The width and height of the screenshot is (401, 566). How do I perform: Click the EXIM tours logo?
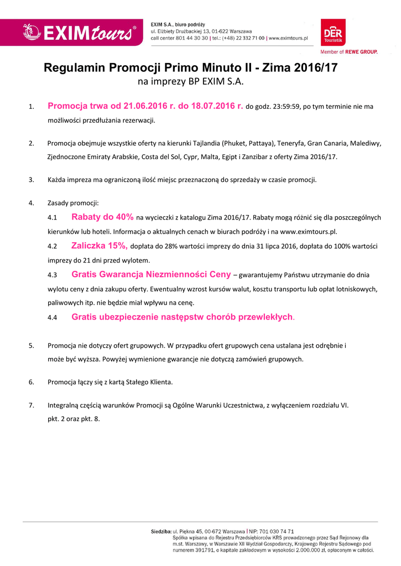(x=79, y=32)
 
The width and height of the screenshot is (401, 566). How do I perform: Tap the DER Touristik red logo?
(x=333, y=32)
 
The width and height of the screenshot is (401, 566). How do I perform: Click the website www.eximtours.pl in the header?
(x=288, y=38)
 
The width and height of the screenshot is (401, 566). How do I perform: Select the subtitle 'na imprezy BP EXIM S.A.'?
(x=190, y=82)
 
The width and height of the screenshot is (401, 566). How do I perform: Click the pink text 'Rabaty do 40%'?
(x=102, y=217)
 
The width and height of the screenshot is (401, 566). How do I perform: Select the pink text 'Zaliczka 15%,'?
(x=100, y=246)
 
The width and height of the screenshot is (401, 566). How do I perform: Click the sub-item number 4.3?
(x=53, y=275)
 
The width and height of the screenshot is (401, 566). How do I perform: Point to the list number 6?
(x=32, y=382)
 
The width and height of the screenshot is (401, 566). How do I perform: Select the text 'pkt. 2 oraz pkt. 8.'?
(x=74, y=418)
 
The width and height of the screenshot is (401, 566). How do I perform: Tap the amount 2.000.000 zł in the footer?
(x=313, y=550)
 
